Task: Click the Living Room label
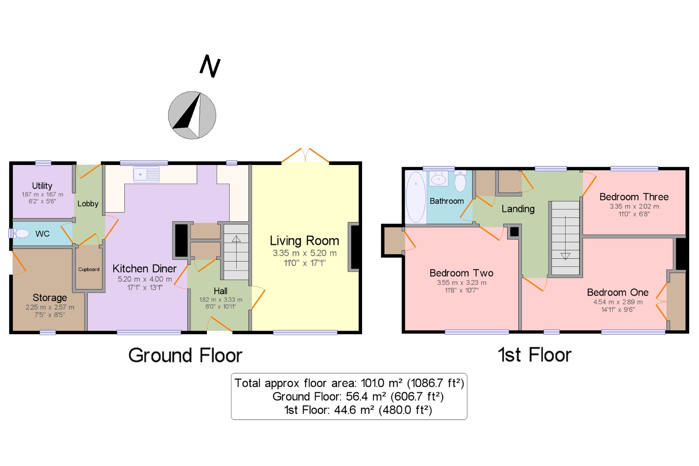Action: [304, 241]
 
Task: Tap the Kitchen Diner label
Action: [144, 268]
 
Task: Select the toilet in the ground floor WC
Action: [19, 233]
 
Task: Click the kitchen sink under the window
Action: [146, 174]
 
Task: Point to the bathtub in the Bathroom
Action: [416, 197]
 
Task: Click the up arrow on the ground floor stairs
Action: [236, 252]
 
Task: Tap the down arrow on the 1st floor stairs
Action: [565, 238]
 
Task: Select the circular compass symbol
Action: [192, 115]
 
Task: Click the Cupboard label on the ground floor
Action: [89, 269]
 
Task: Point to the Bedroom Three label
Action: [634, 197]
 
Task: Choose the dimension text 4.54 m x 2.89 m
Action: [618, 302]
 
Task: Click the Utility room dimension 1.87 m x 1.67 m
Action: [42, 194]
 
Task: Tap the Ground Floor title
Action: [185, 355]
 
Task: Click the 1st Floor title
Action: [534, 355]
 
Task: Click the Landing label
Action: [518, 209]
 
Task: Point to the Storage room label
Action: [50, 297]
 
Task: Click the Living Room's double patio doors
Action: [305, 155]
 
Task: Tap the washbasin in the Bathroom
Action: [439, 179]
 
